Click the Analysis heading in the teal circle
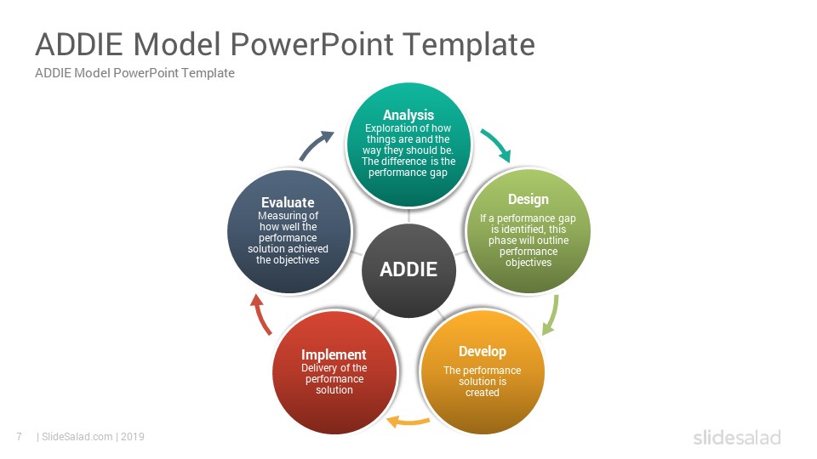[x=408, y=115]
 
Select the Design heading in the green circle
[x=528, y=200]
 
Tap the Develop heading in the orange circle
[x=483, y=352]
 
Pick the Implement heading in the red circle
[x=334, y=354]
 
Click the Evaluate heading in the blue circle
[x=288, y=202]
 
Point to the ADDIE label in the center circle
[x=408, y=269]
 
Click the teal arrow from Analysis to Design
[x=496, y=144]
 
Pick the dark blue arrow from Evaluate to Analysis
[x=316, y=144]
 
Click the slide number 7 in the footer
[x=20, y=437]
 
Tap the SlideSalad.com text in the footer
[x=77, y=437]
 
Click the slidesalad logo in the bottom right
[x=737, y=437]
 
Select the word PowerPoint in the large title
[x=311, y=45]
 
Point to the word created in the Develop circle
[x=483, y=393]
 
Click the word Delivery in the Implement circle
[x=319, y=368]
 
